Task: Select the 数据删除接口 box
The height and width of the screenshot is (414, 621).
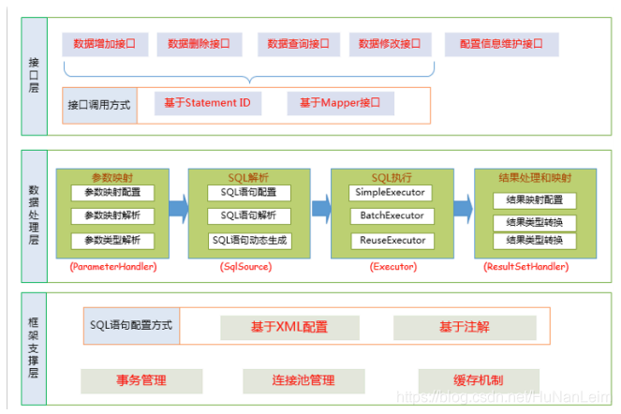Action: click(199, 44)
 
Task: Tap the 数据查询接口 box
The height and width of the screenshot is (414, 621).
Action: click(298, 44)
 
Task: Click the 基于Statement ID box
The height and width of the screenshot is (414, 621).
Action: click(207, 104)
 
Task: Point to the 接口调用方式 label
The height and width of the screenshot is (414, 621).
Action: click(98, 105)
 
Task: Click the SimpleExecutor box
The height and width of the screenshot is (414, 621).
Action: click(391, 193)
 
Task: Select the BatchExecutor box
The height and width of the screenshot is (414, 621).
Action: click(391, 216)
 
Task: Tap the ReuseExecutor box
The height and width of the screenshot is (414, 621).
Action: click(391, 241)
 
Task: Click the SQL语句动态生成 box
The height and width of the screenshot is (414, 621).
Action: click(249, 241)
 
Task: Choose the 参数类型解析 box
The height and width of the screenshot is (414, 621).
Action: click(112, 241)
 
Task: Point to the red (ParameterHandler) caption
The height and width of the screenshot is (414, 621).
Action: click(112, 267)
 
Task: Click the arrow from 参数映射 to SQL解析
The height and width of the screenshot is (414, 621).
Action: click(178, 207)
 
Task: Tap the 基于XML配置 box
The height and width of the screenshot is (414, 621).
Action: click(289, 328)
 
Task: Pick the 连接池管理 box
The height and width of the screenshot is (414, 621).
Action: click(303, 381)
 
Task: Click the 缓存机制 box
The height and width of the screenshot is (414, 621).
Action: click(478, 381)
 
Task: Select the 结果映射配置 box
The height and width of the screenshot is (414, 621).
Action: click(535, 200)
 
